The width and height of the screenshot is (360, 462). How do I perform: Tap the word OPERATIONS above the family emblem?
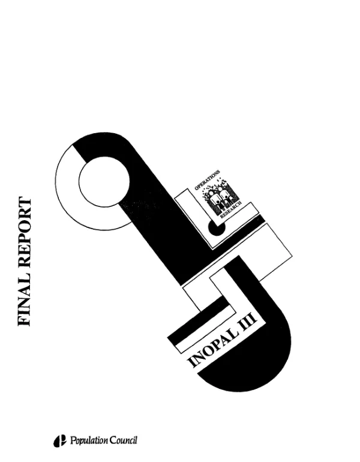pyautogui.click(x=207, y=180)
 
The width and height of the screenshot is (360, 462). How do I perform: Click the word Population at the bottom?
pyautogui.click(x=89, y=441)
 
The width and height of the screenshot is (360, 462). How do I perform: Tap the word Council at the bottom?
pyautogui.click(x=124, y=440)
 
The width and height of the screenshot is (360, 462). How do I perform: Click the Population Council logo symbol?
pyautogui.click(x=60, y=441)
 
